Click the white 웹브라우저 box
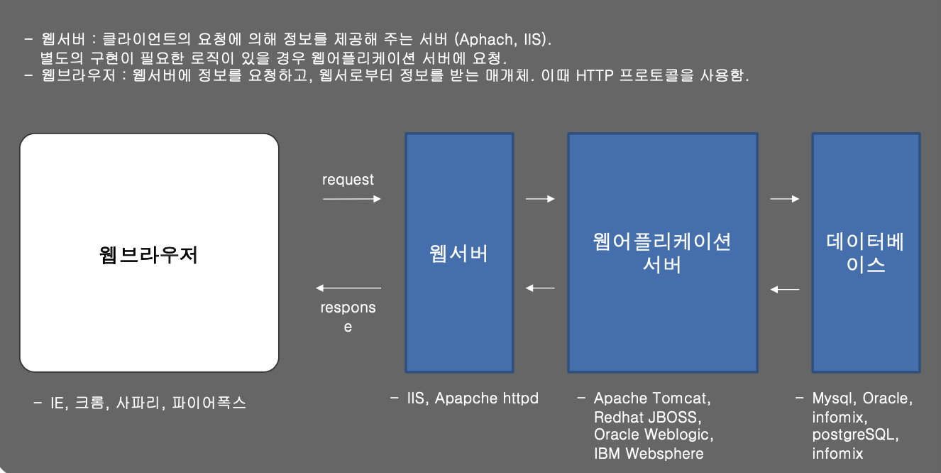click(x=149, y=252)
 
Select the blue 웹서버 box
click(x=459, y=252)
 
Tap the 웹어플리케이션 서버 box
click(x=662, y=252)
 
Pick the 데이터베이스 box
click(x=866, y=252)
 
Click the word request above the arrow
click(x=348, y=180)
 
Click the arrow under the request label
click(x=352, y=200)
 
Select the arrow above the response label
click(x=348, y=288)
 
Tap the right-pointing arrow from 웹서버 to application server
click(x=540, y=200)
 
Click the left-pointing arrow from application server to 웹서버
click(x=540, y=288)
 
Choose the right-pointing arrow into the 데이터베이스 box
click(x=785, y=200)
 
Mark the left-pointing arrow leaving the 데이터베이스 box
click(x=785, y=289)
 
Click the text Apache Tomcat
click(x=652, y=398)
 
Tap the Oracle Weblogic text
click(x=654, y=435)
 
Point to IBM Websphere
click(x=649, y=453)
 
